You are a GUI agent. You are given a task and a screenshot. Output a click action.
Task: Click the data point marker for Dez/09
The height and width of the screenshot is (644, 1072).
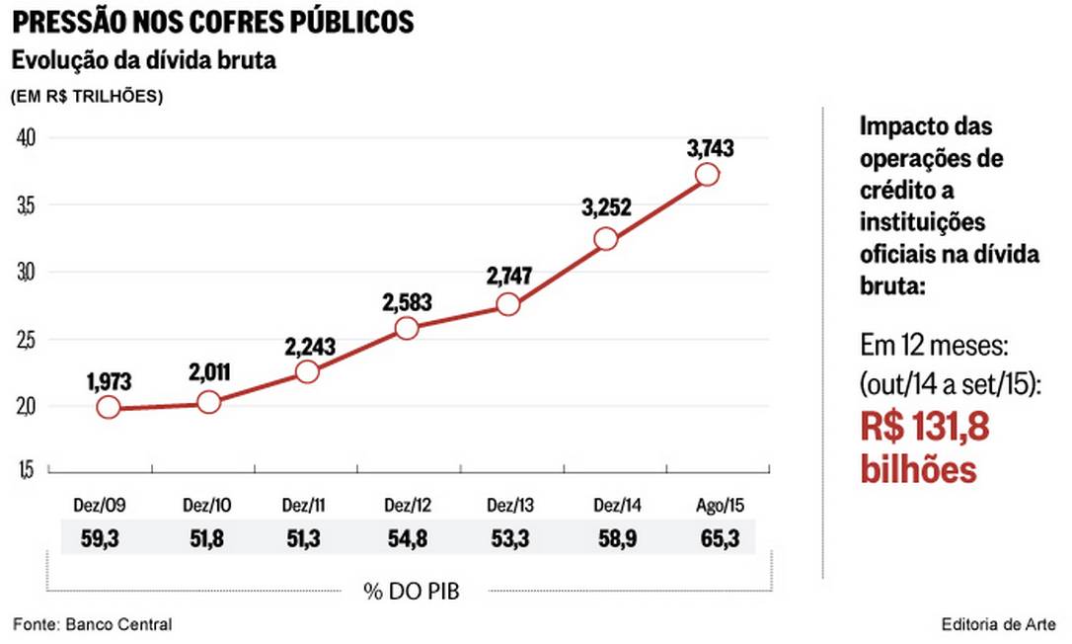pos(109,407)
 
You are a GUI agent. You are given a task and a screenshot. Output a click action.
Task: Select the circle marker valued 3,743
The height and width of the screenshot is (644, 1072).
pos(707,175)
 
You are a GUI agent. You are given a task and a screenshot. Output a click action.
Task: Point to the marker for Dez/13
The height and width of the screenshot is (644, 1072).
pos(508,304)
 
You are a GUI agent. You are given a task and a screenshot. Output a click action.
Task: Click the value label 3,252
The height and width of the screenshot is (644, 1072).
pos(606,208)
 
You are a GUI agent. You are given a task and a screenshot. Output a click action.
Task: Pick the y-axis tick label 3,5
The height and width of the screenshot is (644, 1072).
pos(26,204)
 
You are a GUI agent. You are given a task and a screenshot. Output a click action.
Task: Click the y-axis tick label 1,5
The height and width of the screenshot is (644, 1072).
pos(26,471)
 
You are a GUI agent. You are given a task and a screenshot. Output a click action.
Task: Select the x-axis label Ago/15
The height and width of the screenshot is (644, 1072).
pos(721,506)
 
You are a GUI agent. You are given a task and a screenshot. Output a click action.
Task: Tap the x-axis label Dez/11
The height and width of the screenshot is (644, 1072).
pos(305,506)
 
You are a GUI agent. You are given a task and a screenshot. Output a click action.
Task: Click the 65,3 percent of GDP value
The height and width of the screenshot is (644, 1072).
pos(721,537)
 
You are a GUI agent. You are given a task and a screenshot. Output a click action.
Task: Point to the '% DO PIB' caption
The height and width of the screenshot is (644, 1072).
pos(411,592)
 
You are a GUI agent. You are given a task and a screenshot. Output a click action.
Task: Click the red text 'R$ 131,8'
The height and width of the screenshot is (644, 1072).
pos(924,428)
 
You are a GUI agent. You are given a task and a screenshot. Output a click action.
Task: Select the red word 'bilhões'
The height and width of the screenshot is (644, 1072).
pos(918,468)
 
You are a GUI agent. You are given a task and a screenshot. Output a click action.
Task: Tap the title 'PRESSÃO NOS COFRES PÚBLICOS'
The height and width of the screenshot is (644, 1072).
pos(213,22)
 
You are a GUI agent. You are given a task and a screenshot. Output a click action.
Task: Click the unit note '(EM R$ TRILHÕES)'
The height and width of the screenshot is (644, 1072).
pos(87,97)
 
